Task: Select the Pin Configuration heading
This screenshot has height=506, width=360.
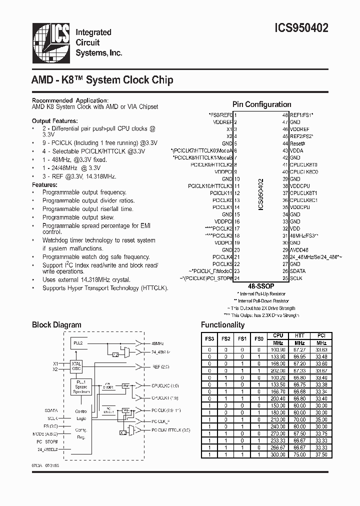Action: click(x=261, y=104)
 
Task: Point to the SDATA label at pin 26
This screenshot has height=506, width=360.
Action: click(x=298, y=270)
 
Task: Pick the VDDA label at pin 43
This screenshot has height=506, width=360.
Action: click(x=296, y=150)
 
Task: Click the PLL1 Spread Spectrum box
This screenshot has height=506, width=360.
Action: click(x=80, y=386)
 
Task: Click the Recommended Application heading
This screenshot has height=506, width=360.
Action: click(x=69, y=100)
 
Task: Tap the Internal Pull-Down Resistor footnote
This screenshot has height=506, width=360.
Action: click(x=263, y=301)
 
